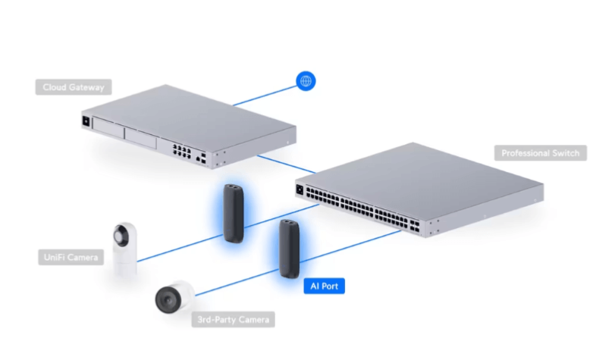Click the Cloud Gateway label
click(73, 86)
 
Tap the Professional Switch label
click(540, 153)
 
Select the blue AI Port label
click(324, 286)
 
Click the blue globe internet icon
click(306, 81)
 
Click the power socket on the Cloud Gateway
click(86, 121)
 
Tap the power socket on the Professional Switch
click(300, 189)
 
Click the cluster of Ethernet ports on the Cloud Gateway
click(181, 149)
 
